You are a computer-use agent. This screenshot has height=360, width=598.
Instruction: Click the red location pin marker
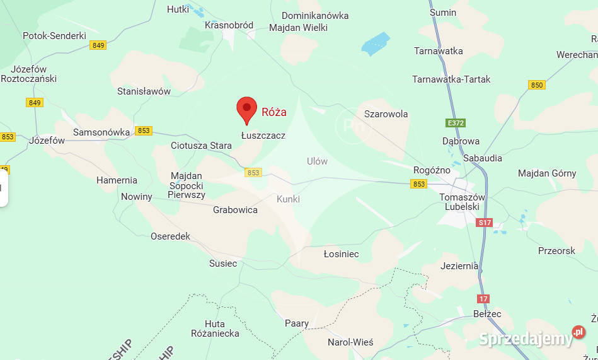click(246, 109)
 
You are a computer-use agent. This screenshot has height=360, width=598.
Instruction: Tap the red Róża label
click(274, 112)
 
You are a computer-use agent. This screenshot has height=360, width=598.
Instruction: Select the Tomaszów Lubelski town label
click(463, 202)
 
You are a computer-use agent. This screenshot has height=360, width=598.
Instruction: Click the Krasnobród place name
click(229, 25)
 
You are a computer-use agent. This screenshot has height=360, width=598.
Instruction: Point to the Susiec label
click(223, 263)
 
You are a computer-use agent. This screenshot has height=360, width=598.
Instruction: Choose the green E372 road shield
click(454, 123)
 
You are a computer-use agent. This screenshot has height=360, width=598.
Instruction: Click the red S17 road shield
click(485, 223)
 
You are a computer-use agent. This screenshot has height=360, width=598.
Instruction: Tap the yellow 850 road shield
click(536, 85)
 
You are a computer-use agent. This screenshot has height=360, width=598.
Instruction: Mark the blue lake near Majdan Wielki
click(376, 44)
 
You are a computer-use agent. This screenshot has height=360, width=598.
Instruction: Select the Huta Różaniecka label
click(215, 328)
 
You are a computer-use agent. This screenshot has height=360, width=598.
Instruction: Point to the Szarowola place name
click(386, 114)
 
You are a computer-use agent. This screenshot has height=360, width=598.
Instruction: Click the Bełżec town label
click(487, 313)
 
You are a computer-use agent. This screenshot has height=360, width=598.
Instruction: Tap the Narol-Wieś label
click(350, 342)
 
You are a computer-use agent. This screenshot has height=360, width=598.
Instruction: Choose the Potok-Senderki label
click(54, 36)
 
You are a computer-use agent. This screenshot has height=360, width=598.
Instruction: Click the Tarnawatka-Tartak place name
click(451, 79)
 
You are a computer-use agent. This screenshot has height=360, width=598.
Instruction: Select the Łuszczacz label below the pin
click(263, 135)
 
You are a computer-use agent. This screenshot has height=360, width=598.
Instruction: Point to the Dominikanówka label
click(315, 15)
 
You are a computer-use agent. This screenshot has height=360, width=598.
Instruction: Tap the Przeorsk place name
click(556, 250)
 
